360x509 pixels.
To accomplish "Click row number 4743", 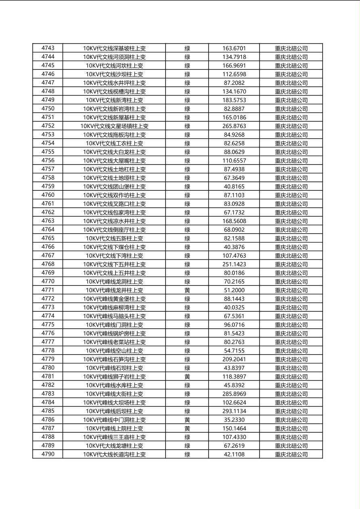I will click(48, 48).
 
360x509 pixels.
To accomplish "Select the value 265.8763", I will click(234, 126).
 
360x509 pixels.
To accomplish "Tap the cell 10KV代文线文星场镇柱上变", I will click(114, 126).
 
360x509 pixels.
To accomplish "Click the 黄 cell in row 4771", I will click(187, 290).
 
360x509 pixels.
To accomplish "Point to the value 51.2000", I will click(234, 290).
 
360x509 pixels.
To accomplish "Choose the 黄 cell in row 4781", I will click(187, 376).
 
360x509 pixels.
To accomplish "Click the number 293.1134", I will click(234, 411).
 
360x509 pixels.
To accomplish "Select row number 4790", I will click(48, 454).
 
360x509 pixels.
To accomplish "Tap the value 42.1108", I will click(234, 454).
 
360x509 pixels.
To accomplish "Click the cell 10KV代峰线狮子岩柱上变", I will click(114, 376).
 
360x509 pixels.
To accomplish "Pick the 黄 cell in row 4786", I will click(187, 419).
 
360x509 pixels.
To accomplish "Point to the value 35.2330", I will click(234, 419).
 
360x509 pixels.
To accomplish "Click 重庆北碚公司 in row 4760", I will click(291, 195).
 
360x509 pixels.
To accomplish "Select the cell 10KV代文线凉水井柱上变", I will click(114, 221).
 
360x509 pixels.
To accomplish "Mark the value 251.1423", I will click(234, 264).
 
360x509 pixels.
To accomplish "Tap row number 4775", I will click(48, 325).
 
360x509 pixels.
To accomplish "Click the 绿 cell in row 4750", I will click(187, 108).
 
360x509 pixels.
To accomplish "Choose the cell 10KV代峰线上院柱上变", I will click(114, 428).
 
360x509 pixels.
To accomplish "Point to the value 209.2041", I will click(234, 359).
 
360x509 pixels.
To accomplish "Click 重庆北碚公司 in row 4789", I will click(291, 446).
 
